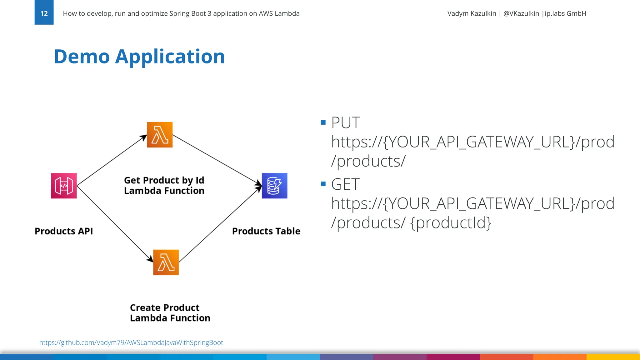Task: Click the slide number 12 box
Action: click(44, 13)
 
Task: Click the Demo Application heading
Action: click(139, 57)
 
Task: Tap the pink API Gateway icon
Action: click(64, 186)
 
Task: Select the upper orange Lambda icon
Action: click(160, 135)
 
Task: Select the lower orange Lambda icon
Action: click(166, 262)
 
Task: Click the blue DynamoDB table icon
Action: click(274, 186)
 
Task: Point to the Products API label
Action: click(64, 231)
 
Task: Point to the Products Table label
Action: click(266, 231)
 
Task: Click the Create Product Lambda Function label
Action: click(170, 313)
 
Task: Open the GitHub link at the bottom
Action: click(131, 342)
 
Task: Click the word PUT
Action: click(345, 122)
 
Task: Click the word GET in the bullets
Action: click(345, 184)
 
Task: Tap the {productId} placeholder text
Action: click(451, 223)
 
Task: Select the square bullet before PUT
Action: click(323, 122)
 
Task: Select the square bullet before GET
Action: click(323, 184)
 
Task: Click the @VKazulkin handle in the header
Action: click(521, 13)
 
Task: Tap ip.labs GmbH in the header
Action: click(565, 13)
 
